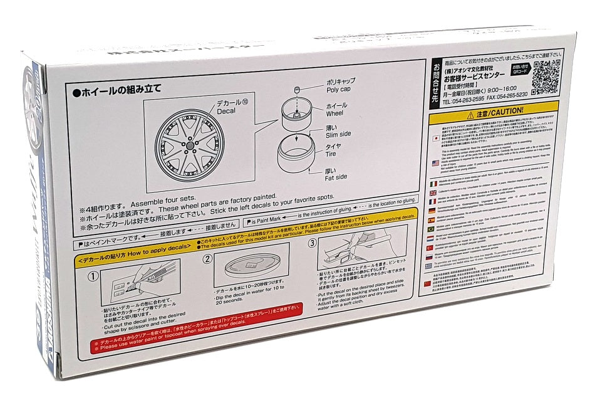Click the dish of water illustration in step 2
[257, 268]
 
